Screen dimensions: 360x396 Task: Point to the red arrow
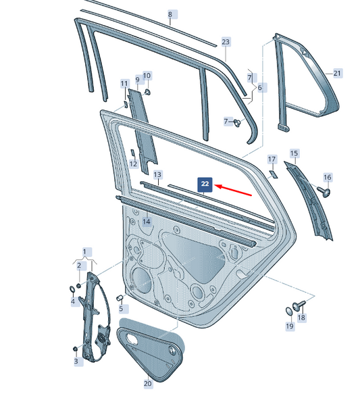[233, 191]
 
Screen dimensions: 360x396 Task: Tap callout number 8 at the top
[170, 14]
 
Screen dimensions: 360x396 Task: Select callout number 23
[226, 42]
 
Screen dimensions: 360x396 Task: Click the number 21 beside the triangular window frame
[337, 74]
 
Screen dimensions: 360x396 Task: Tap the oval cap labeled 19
[289, 311]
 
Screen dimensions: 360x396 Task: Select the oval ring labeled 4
[72, 289]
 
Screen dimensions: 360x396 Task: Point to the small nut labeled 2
[78, 286]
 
